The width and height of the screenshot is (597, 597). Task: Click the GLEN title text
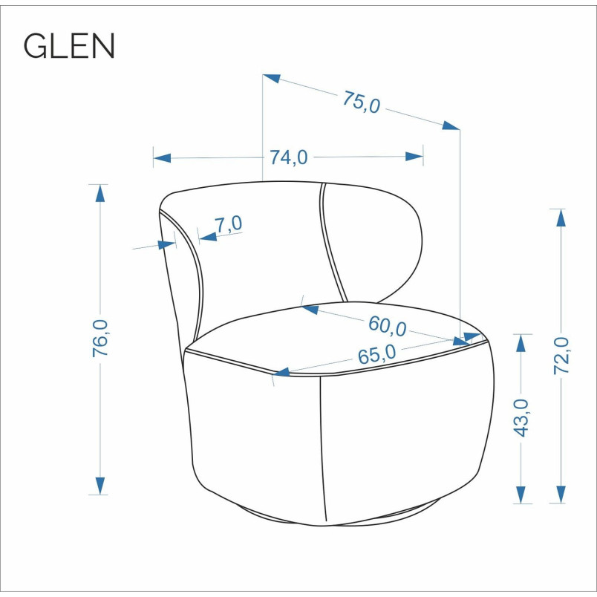69,45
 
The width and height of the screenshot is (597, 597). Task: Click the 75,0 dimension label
362,102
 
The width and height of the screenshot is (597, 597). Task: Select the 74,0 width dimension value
289,157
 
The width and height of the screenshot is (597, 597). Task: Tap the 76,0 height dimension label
100,338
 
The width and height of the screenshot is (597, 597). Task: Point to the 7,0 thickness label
229,224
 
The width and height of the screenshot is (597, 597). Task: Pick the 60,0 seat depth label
387,327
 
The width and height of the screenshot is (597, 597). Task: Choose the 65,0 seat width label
377,354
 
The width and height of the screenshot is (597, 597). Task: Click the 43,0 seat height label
521,417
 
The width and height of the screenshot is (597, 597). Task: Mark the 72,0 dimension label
561,356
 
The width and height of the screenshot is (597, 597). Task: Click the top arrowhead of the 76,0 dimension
100,193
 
